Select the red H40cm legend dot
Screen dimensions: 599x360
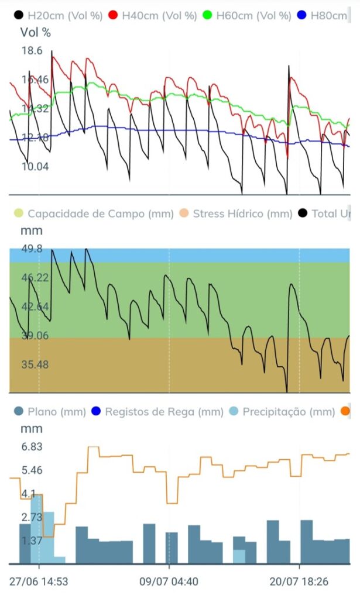pyautogui.click(x=113, y=16)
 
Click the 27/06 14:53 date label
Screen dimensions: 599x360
pyautogui.click(x=39, y=582)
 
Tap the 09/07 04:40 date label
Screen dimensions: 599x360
pyautogui.click(x=169, y=582)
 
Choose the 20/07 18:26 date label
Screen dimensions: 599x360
pyautogui.click(x=299, y=582)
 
